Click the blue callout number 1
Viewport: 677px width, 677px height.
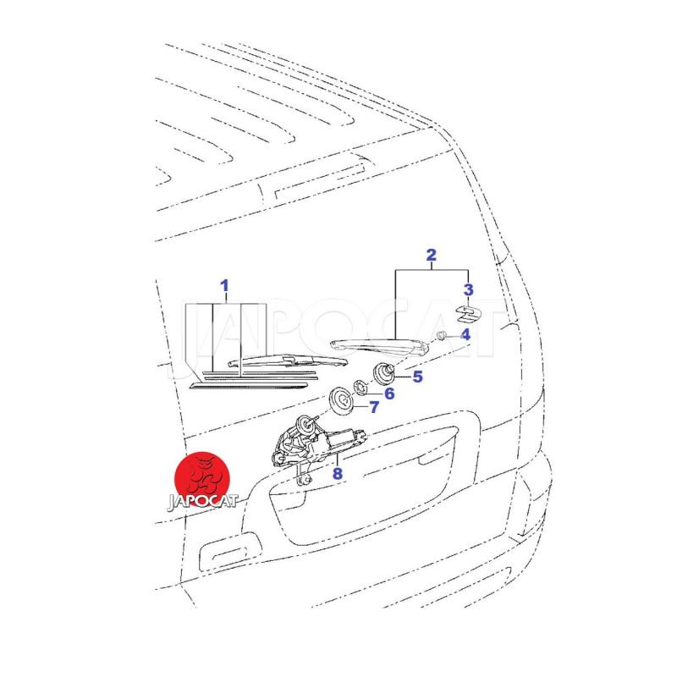click(x=224, y=286)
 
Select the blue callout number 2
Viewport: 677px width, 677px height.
click(x=431, y=256)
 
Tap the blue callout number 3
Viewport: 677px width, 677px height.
click(x=469, y=289)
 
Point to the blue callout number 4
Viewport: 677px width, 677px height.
click(x=465, y=334)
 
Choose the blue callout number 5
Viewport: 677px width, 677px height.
click(x=417, y=377)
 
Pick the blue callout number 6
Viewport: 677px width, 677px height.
click(x=389, y=394)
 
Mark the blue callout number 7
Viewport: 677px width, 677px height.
click(x=374, y=407)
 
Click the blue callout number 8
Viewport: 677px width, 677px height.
click(x=337, y=474)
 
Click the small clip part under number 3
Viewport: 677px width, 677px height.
click(x=469, y=314)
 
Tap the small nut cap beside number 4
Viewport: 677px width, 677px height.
click(x=441, y=335)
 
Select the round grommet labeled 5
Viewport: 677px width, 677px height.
click(x=383, y=373)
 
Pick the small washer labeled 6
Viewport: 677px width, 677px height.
click(x=361, y=387)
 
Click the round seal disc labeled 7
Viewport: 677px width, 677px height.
click(x=342, y=401)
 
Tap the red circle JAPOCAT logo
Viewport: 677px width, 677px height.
click(x=202, y=480)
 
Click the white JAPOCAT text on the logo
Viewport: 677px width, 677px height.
click(x=202, y=502)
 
